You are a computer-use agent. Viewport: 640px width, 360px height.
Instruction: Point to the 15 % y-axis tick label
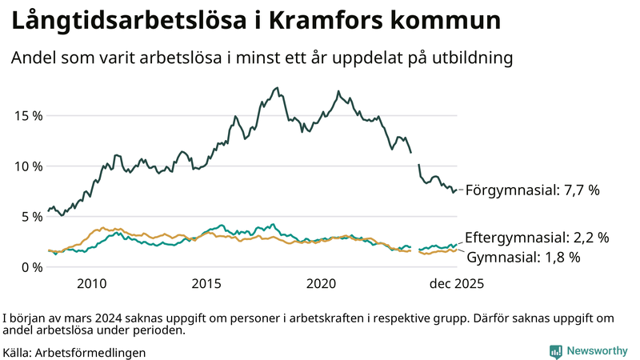[28, 115]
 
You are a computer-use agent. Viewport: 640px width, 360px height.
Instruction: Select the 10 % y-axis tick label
[28, 166]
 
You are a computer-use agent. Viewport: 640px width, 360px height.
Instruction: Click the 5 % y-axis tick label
[31, 216]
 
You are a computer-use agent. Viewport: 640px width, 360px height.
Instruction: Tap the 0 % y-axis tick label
[31, 266]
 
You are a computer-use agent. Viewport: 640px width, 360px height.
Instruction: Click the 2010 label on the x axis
[92, 284]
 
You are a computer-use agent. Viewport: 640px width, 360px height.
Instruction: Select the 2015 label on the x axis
[206, 284]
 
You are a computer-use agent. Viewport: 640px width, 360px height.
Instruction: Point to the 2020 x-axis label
[322, 284]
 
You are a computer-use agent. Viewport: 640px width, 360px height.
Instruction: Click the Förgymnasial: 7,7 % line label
[532, 190]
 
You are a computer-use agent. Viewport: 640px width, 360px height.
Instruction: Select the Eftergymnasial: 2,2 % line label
[537, 238]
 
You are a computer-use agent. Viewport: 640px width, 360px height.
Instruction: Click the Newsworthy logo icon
[555, 351]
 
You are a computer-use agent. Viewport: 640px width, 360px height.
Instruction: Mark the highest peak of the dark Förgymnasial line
[277, 88]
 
